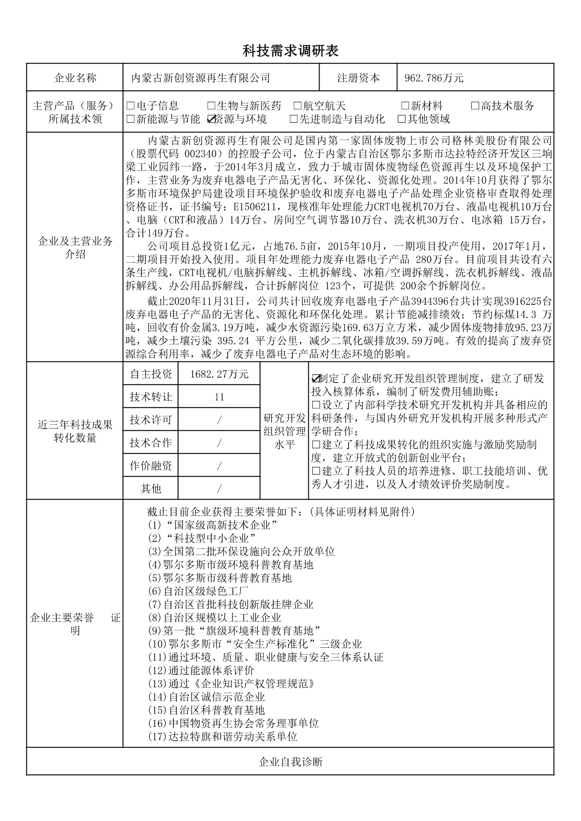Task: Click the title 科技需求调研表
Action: click(290, 51)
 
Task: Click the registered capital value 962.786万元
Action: click(433, 78)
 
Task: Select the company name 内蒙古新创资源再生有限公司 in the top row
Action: click(201, 78)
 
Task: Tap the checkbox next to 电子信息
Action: click(130, 106)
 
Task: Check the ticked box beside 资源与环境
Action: click(210, 119)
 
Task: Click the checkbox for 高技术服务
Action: click(475, 106)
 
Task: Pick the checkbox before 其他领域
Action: click(402, 119)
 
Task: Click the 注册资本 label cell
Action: click(358, 78)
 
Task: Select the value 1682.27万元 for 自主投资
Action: click(219, 374)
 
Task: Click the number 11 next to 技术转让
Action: click(219, 397)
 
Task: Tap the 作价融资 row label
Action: click(151, 466)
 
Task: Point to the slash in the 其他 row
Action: click(219, 488)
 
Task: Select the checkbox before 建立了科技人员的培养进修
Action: click(316, 471)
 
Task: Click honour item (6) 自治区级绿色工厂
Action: click(199, 591)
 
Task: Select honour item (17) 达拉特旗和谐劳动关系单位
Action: click(223, 737)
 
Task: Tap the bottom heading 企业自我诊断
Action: click(290, 762)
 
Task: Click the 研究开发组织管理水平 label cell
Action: click(284, 430)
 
